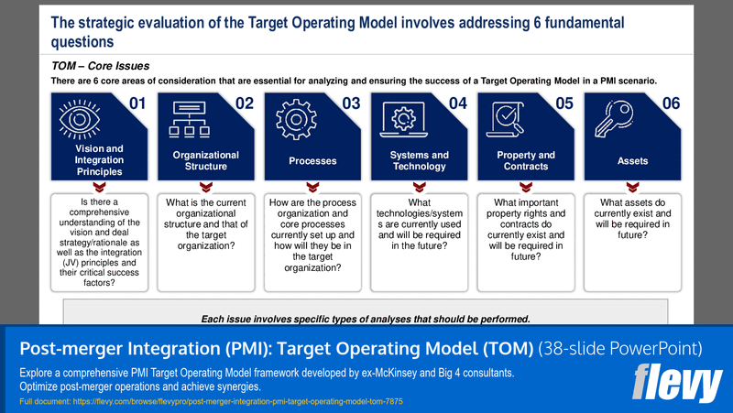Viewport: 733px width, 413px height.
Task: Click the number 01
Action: (x=137, y=103)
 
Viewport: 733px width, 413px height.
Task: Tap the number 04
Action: (x=458, y=103)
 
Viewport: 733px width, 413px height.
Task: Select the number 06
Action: (x=671, y=103)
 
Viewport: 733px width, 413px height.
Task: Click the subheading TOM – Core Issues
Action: (x=101, y=66)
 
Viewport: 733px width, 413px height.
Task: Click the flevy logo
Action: (x=677, y=379)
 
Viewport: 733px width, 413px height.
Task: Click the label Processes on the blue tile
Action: (x=312, y=161)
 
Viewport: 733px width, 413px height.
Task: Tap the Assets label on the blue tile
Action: (x=632, y=161)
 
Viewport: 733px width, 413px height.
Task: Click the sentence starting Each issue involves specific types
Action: (x=366, y=319)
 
